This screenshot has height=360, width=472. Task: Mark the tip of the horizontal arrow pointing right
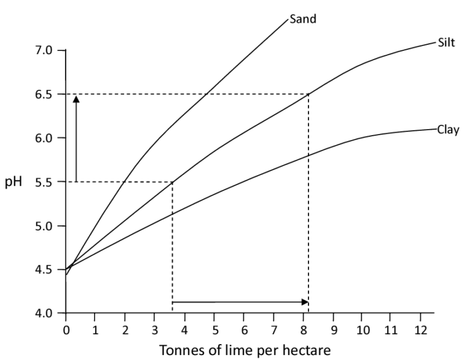coord(307,302)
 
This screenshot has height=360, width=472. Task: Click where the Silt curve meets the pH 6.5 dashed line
coord(308,94)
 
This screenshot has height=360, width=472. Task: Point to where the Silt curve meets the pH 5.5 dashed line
coord(172,182)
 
